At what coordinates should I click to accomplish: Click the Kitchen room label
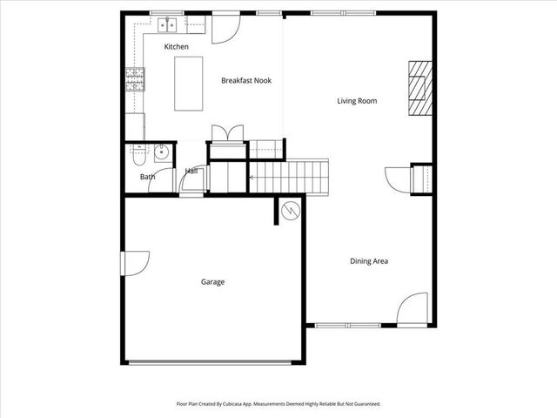177,47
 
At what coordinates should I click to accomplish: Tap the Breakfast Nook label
246,80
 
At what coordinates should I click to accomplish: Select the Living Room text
357,101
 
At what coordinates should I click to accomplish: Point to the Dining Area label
368,261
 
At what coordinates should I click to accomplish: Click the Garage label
213,282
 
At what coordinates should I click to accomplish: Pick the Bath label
148,178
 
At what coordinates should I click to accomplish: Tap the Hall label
191,172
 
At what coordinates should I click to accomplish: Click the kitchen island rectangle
189,84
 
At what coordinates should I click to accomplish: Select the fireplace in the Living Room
420,87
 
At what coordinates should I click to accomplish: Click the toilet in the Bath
139,157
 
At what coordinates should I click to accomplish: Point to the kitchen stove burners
135,80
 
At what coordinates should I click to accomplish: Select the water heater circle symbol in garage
290,211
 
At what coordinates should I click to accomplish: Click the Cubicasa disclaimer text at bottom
278,404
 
